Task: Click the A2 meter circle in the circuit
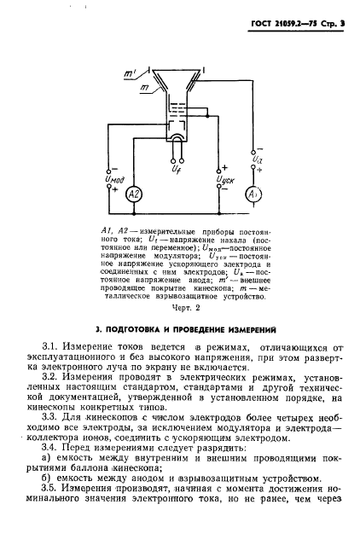click(132, 194)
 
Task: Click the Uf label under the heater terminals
click(175, 171)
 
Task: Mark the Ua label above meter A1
click(257, 157)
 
